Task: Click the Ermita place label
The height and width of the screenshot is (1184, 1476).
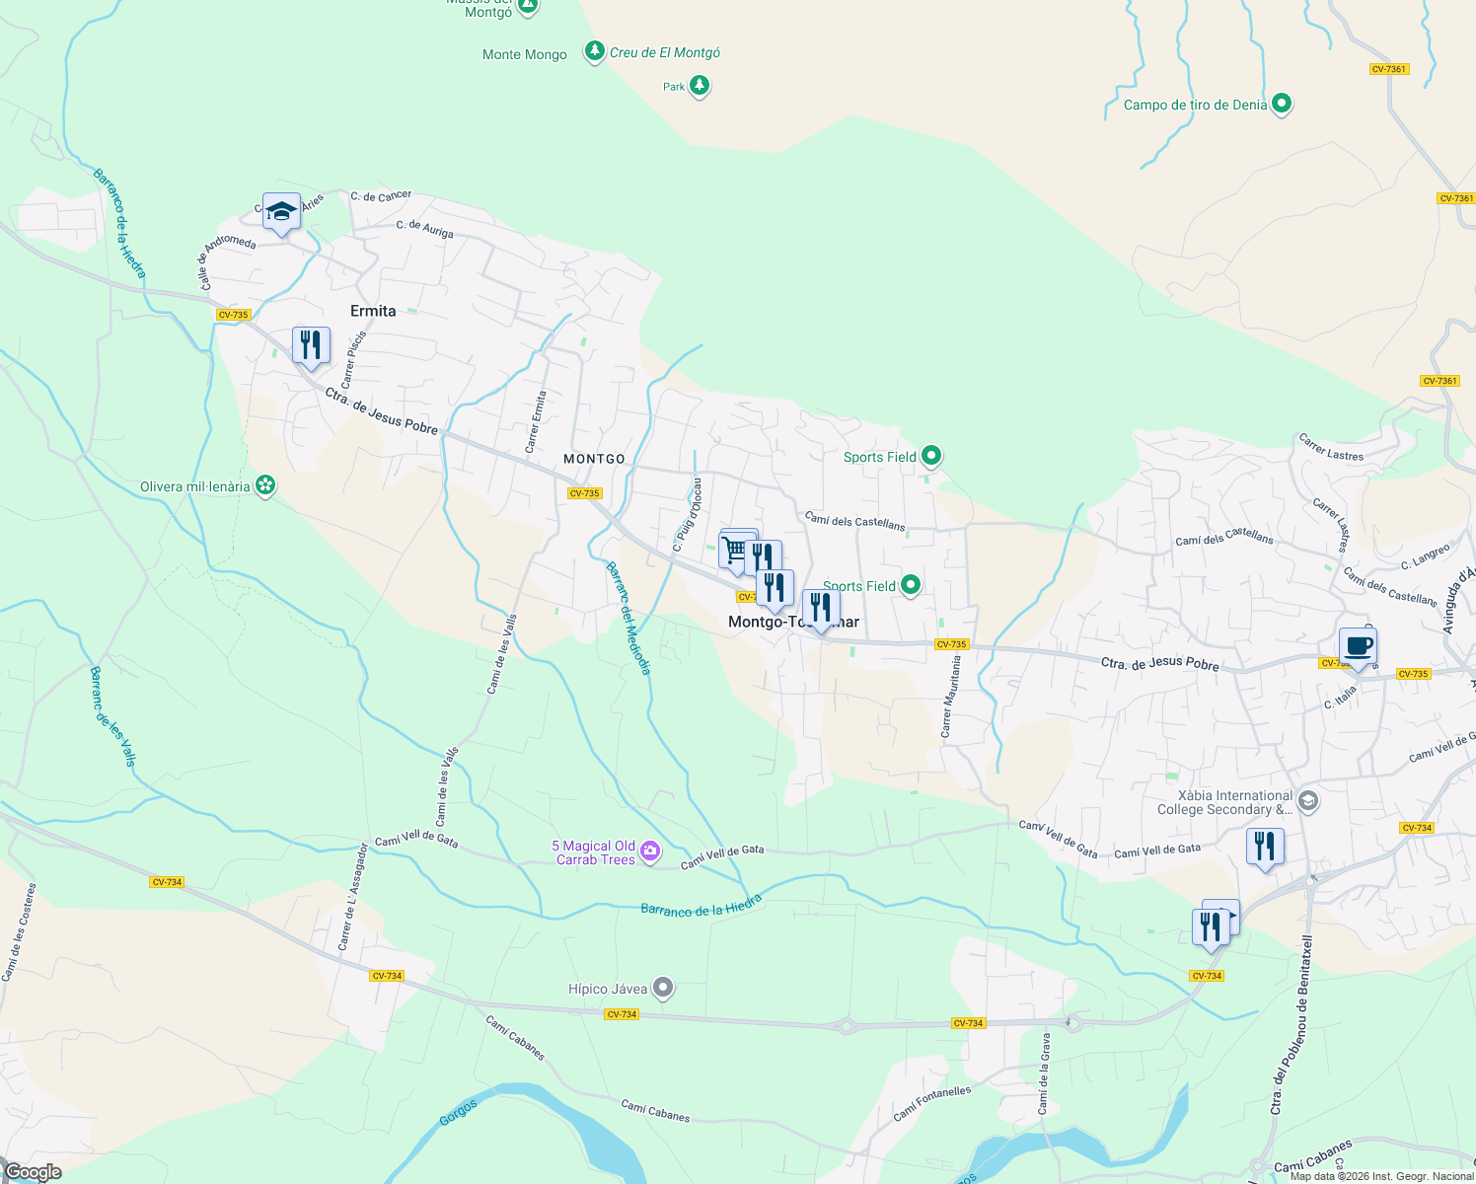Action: [x=373, y=311]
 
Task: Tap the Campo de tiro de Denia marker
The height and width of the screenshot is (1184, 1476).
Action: [x=1282, y=104]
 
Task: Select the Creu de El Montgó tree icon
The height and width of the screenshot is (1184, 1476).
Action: [x=594, y=51]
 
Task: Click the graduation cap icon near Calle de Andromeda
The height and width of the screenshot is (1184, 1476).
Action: [x=281, y=211]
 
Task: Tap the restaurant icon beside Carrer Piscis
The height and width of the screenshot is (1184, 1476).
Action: [x=311, y=345]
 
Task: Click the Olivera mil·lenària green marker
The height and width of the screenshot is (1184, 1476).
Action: [x=264, y=485]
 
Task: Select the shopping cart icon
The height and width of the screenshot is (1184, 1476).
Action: [x=735, y=549]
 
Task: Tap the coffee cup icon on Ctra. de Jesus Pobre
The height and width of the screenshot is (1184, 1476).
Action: [x=1358, y=647]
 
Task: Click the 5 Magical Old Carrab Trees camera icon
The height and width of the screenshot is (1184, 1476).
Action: [x=649, y=852]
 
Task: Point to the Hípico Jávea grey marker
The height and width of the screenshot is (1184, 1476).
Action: [x=663, y=988]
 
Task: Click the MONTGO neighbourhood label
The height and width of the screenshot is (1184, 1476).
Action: [x=594, y=459]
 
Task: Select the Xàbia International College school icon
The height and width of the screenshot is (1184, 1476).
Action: [x=1308, y=801]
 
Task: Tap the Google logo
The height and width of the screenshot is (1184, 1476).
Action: [x=32, y=1172]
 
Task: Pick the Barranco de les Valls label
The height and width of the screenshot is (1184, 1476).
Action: [x=111, y=716]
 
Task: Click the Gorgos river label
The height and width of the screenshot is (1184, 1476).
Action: [x=458, y=1113]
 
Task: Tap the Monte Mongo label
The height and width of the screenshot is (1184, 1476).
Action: [x=524, y=54]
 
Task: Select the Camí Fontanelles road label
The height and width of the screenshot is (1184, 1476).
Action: [x=932, y=1103]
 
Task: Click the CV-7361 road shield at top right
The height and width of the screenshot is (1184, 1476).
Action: [x=1388, y=69]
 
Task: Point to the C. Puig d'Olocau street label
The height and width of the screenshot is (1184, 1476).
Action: [x=688, y=514]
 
